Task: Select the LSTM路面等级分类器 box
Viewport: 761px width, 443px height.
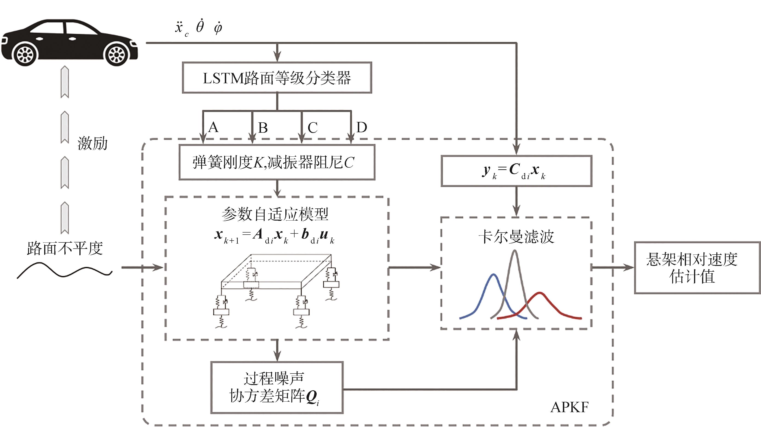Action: point(277,78)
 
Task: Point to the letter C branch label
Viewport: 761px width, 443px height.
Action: point(313,127)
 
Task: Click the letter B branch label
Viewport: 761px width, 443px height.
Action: point(263,127)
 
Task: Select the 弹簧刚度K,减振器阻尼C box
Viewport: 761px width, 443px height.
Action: point(277,162)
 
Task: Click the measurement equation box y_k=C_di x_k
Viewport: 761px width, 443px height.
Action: point(516,171)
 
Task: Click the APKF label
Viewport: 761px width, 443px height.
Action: point(569,407)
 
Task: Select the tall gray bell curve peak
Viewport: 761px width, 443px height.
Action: point(515,253)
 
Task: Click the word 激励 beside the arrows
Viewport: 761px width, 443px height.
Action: point(93,143)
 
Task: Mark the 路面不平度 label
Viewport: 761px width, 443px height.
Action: point(65,248)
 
